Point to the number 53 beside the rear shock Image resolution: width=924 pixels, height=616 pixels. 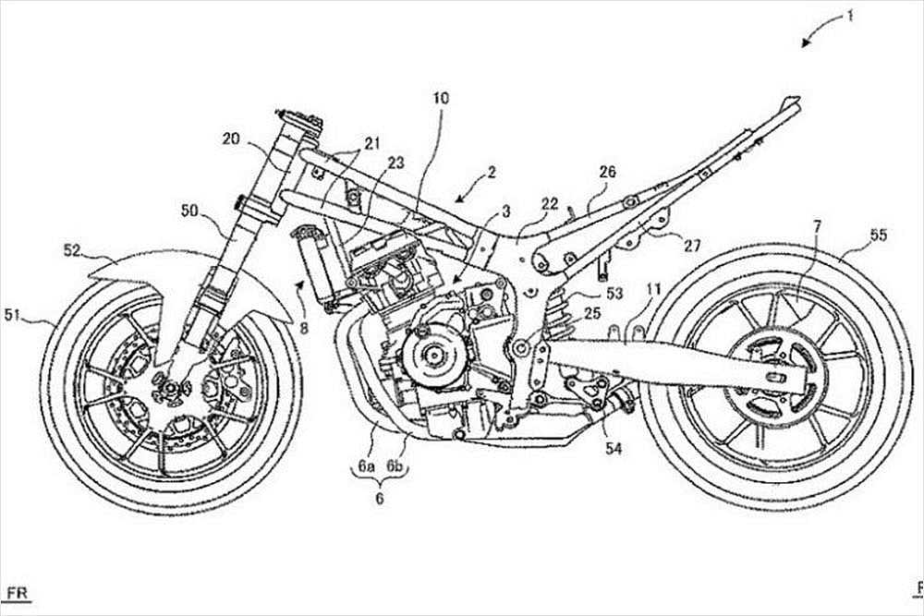pyautogui.click(x=614, y=295)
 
